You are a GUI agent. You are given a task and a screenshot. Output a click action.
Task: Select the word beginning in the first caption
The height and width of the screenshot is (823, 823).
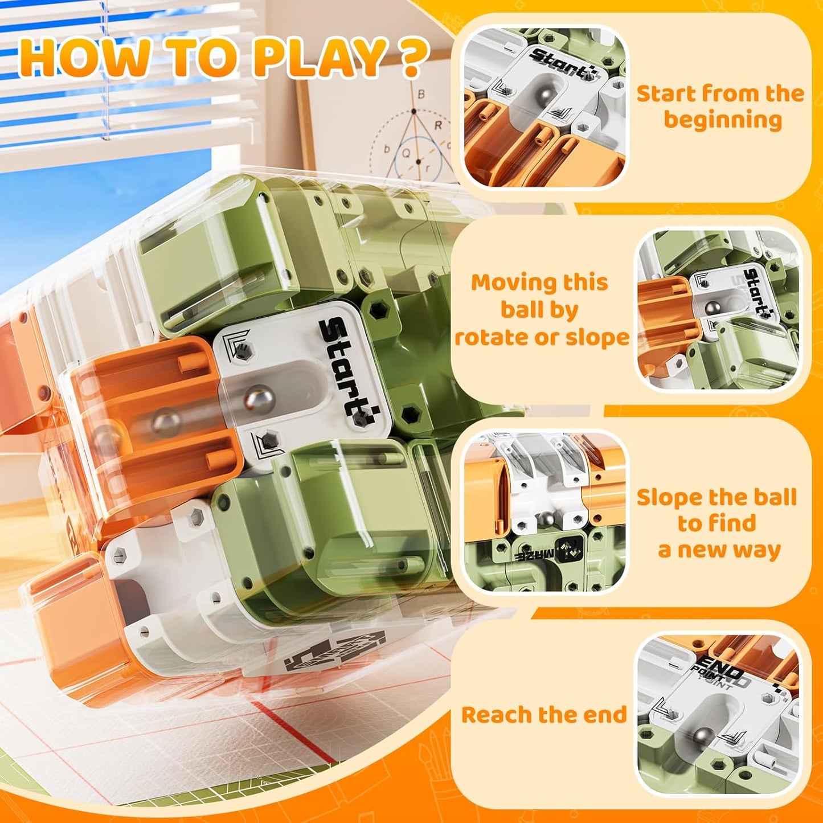[x=723, y=120]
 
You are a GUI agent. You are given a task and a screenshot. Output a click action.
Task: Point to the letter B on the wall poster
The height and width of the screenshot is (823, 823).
[x=421, y=95]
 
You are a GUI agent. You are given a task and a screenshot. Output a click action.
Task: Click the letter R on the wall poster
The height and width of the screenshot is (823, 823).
[x=438, y=126]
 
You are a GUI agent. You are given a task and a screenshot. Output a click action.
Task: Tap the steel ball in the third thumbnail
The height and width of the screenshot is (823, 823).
[x=547, y=519]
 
